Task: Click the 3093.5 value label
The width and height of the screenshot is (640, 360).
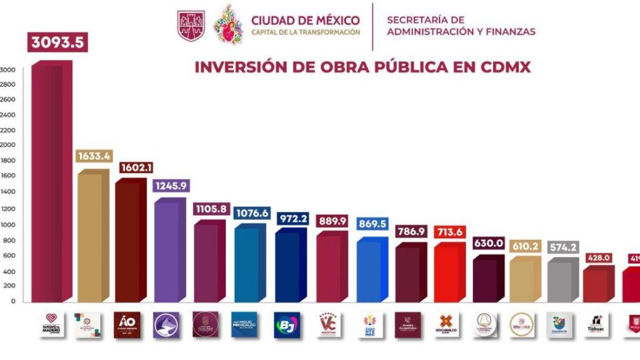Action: (x=56, y=43)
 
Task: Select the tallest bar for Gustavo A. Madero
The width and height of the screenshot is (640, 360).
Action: (x=50, y=181)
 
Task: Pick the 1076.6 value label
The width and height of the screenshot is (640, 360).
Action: (x=251, y=214)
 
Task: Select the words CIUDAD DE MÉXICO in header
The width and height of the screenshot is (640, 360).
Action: (x=306, y=20)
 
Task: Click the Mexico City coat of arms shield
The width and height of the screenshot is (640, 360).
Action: (x=191, y=25)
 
